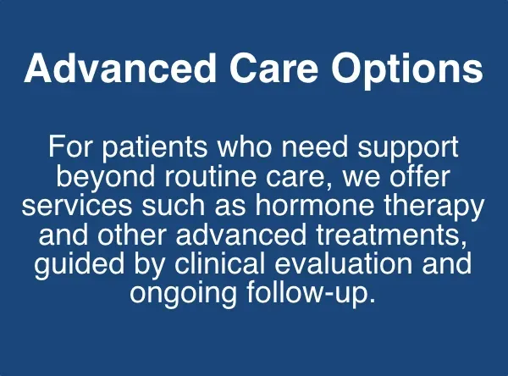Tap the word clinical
pos(223,263)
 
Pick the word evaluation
pos(351,263)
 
